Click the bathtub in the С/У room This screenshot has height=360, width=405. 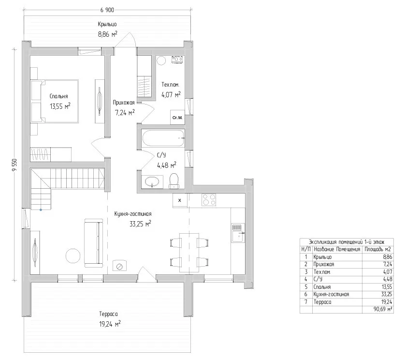click(x=163, y=138)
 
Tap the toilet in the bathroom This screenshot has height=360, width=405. click(x=174, y=181)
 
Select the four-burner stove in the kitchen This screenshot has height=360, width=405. click(x=209, y=200)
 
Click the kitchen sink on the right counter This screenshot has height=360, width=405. click(x=238, y=233)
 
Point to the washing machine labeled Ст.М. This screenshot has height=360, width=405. click(x=177, y=118)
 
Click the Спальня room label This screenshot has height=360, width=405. click(x=59, y=96)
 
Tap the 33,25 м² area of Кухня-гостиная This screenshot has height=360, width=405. click(x=140, y=224)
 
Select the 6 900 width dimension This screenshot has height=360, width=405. click(x=107, y=10)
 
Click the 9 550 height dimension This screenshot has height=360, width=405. click(x=14, y=165)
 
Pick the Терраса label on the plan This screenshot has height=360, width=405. click(x=108, y=314)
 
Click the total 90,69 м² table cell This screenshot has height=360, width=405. click(x=383, y=309)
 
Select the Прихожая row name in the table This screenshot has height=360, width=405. click(x=324, y=264)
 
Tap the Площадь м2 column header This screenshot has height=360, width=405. click(x=377, y=249)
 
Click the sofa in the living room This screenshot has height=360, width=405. click(x=93, y=243)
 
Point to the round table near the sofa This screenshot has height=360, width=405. click(x=74, y=256)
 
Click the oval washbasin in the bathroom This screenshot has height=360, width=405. click(x=152, y=181)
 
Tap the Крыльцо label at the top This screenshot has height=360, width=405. click(x=107, y=24)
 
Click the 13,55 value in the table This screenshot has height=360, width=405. click(x=387, y=287)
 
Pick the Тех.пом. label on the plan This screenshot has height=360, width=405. click(x=171, y=85)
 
